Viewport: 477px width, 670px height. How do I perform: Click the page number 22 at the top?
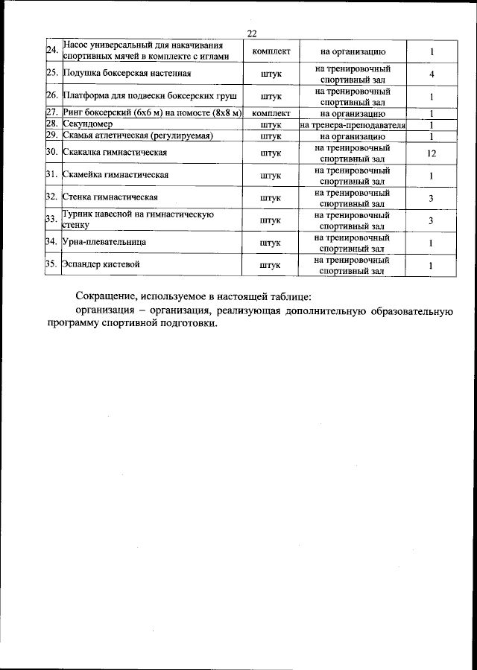pos(251,32)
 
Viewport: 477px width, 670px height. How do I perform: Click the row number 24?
pos(52,51)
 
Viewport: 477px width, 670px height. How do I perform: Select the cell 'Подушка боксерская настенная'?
pos(128,74)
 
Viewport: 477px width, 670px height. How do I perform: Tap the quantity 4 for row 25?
pos(432,74)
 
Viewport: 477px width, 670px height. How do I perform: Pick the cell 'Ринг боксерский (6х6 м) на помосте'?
pos(153,113)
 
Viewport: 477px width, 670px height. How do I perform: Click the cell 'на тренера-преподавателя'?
pos(353,125)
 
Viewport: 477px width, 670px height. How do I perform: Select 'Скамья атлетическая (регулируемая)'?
pos(139,136)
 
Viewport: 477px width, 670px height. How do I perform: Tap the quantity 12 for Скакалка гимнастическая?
pos(432,153)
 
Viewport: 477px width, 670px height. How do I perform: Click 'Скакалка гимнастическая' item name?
pos(114,153)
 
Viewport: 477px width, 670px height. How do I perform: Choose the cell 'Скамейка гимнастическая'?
pos(116,175)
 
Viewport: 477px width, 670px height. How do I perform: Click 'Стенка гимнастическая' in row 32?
pos(111,197)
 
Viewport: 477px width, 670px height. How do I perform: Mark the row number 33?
pos(52,220)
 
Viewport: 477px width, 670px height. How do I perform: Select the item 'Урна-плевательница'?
pos(105,242)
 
